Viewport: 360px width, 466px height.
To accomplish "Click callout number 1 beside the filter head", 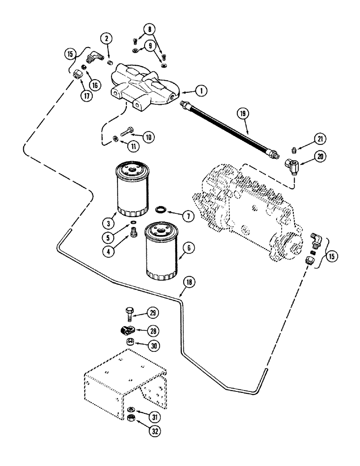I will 201,92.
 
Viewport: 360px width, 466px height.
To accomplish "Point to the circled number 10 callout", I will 148,137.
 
